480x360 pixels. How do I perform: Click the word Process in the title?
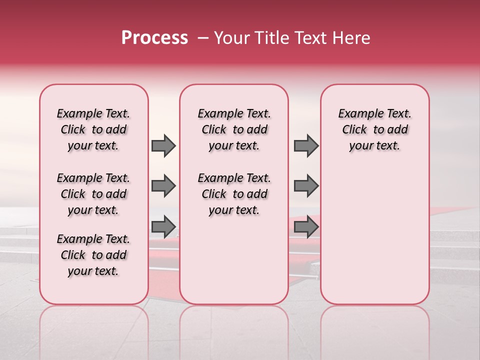coord(154,38)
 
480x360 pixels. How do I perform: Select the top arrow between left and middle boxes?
coord(163,146)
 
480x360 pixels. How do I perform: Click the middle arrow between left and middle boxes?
coord(163,186)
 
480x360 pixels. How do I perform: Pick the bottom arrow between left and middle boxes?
coord(163,227)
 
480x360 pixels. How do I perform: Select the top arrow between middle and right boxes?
coord(306,146)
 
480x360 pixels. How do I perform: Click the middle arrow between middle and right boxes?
coord(306,186)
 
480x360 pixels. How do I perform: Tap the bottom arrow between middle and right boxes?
coord(306,227)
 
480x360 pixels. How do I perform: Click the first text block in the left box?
coord(93,129)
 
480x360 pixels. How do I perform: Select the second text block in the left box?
coord(93,194)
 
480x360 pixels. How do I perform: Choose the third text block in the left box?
coord(93,255)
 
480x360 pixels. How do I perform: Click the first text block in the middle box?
coord(234,129)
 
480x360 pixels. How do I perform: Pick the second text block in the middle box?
coord(234,194)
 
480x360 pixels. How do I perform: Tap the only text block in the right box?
coord(374,129)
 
